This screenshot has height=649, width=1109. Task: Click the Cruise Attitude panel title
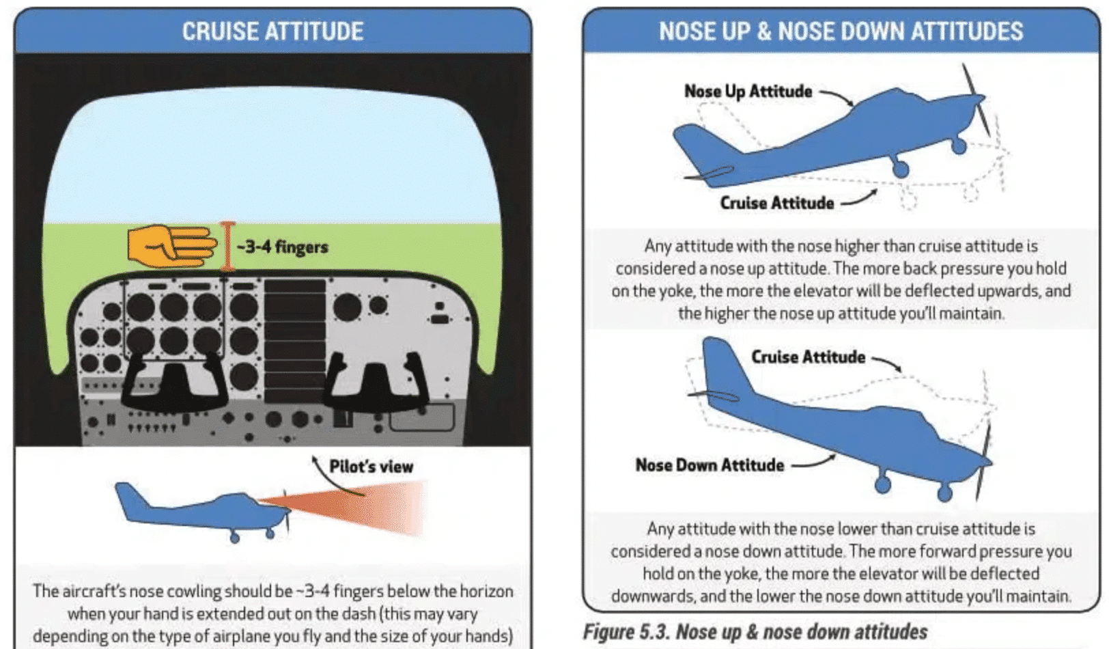coord(272,31)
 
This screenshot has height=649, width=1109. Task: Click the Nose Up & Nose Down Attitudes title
coord(841,31)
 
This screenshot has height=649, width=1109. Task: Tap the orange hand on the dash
coord(171,246)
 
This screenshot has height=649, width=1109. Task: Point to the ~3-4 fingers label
coord(282,247)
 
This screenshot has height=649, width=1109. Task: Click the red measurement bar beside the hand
coord(227,246)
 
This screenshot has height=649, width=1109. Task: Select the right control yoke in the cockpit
coord(376,383)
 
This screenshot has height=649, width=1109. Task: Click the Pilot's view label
coord(371,467)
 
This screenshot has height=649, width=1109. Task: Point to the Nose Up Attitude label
coord(748,92)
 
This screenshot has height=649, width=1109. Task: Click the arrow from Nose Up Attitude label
coord(837,98)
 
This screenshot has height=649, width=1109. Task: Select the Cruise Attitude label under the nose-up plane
coord(776,203)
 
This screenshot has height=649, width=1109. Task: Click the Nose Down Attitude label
coord(710,465)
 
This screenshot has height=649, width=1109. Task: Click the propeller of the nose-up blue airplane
coord(977,100)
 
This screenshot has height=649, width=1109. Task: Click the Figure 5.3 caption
coord(755,631)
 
